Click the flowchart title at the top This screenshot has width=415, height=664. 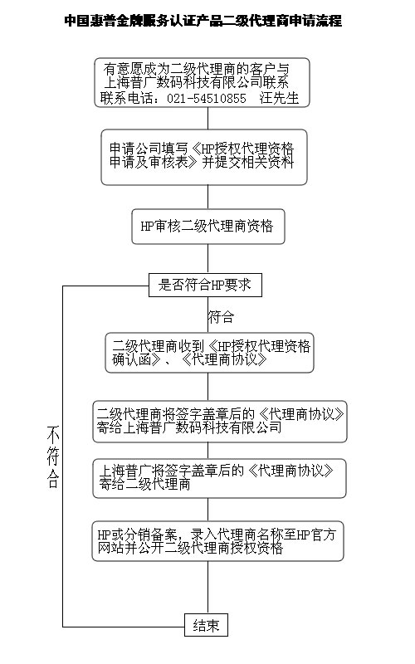click(203, 20)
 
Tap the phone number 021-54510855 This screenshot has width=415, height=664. click(206, 98)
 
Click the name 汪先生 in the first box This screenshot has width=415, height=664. click(279, 98)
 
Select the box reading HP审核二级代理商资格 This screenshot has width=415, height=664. click(208, 227)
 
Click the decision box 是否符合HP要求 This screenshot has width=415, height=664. click(205, 285)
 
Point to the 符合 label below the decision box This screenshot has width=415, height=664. click(221, 317)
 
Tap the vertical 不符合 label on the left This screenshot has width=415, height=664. click(53, 457)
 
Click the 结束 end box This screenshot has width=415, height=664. click(206, 625)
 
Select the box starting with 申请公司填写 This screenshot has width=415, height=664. click(204, 157)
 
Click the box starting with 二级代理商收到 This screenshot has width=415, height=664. click(210, 353)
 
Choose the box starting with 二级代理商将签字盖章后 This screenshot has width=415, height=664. click(220, 422)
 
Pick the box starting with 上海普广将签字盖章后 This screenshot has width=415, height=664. click(219, 478)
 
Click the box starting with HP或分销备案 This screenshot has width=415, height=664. click(217, 541)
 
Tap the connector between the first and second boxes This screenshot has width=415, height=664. click(208, 118)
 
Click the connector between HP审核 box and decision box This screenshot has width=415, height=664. click(208, 259)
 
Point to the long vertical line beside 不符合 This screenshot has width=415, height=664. click(63, 456)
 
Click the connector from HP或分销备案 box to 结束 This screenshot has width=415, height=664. click(208, 588)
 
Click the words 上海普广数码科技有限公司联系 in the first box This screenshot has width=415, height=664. click(197, 82)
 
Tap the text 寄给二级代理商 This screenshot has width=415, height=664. click(144, 484)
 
